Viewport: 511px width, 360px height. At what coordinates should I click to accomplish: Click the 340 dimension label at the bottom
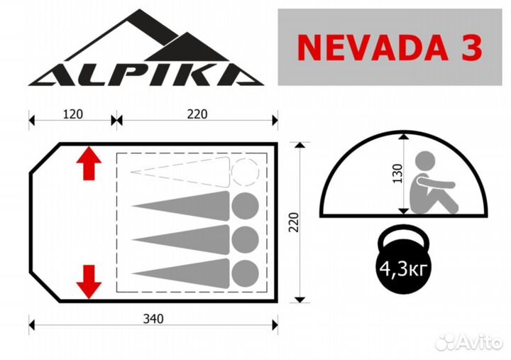tap(153, 319)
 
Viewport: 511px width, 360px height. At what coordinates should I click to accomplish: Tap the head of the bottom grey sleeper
tap(245, 271)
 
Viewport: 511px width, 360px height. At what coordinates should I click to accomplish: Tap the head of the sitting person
tap(428, 163)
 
